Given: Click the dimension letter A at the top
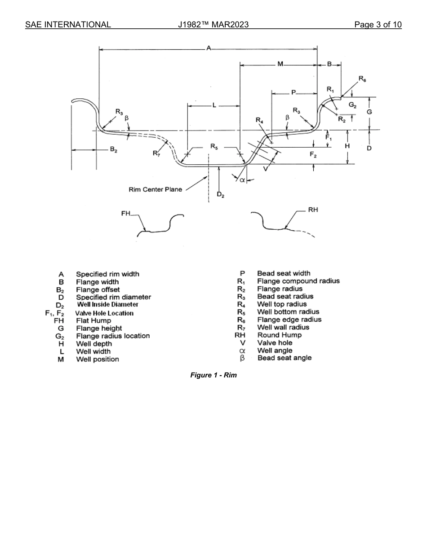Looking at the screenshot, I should tap(209, 48).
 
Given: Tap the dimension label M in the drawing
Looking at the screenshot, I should tap(280, 65).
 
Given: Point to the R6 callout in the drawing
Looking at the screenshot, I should tap(362, 79).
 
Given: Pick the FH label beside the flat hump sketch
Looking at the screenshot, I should tap(126, 214).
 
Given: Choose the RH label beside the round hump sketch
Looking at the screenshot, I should tap(313, 210).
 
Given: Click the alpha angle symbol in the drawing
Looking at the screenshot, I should tap(242, 180).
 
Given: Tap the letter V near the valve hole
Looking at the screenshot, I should tap(266, 169).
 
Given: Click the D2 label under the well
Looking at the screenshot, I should tap(220, 194).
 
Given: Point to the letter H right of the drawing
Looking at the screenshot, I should tap(347, 146).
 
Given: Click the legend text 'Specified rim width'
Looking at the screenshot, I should tap(107, 274).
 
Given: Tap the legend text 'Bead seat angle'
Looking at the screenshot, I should tap(284, 358).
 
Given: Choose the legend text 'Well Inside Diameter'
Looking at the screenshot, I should tap(108, 305).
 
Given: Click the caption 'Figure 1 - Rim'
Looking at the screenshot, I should tap(213, 375).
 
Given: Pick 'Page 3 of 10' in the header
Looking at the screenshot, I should tap(378, 24).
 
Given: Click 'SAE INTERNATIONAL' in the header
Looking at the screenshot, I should tap(68, 24).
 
